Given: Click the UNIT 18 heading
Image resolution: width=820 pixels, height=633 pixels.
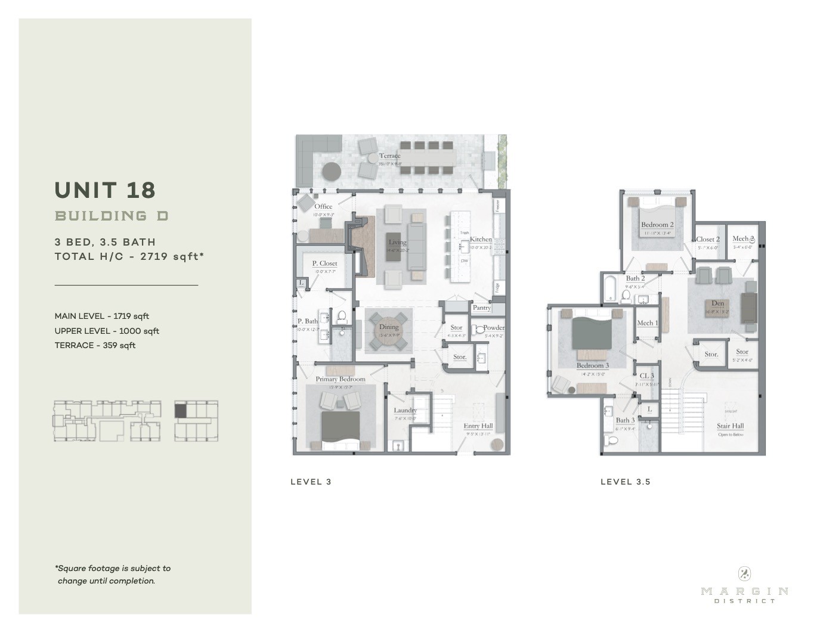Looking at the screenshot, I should pos(105,190).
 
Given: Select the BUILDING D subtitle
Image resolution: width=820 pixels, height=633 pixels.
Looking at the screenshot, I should pos(112,216).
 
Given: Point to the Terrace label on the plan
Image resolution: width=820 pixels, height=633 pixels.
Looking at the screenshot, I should pos(389,156).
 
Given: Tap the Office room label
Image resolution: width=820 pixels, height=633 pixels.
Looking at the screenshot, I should pos(323,207).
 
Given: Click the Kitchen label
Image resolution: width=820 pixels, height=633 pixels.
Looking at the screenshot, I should pos(481,239).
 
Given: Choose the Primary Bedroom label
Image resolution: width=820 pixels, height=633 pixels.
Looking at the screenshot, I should pos(340,379).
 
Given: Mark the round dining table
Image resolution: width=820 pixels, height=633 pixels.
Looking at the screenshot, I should pos(389,330).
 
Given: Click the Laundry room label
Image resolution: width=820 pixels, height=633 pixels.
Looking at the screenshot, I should pos(405,410).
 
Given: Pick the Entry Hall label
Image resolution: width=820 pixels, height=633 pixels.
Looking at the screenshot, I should pos(478,426).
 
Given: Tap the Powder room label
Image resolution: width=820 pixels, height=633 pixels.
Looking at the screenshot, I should pos(494,327).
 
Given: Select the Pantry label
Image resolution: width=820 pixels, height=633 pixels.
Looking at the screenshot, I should pos(481,308).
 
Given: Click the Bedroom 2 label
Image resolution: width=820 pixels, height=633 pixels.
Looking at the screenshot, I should pos(657,225).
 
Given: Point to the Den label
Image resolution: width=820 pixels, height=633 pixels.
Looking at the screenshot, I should pos(717,303).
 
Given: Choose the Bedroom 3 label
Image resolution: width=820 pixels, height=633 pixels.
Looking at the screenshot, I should pos(592,365).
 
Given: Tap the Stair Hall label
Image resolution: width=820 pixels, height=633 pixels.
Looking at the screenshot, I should pos(730,426).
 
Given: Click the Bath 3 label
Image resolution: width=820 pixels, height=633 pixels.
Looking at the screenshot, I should pos(625,420).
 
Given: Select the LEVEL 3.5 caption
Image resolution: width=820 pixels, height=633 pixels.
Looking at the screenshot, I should pos(625,482).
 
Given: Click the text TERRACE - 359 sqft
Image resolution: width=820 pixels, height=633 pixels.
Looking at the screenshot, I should pos(95,345).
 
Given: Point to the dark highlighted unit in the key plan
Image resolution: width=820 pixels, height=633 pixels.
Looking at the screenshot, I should pos(181,410).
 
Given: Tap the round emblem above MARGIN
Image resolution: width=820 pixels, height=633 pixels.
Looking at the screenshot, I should pos(744,573).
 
